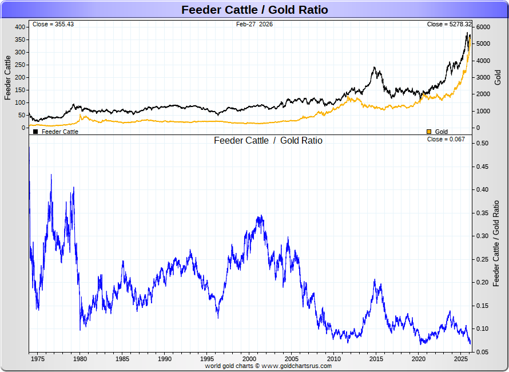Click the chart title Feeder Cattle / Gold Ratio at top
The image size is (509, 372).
click(254, 10)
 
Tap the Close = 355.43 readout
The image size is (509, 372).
click(53, 24)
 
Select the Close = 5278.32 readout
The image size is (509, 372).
click(450, 24)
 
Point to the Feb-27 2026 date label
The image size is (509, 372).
click(254, 24)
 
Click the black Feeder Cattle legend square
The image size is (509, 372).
click(35, 132)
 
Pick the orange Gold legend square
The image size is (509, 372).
click(429, 132)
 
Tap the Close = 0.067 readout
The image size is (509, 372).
click(446, 139)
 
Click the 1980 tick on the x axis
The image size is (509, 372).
click(80, 359)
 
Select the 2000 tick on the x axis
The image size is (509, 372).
click(249, 359)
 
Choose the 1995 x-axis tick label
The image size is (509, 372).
click(207, 359)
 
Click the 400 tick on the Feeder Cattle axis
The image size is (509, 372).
click(20, 27)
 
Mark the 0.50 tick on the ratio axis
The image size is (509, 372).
click(482, 143)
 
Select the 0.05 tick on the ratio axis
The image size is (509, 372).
click(482, 352)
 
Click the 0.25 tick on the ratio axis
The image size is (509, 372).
click(482, 259)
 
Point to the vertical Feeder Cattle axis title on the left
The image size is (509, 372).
click(8, 77)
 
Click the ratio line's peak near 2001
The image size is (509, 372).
click(260, 216)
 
